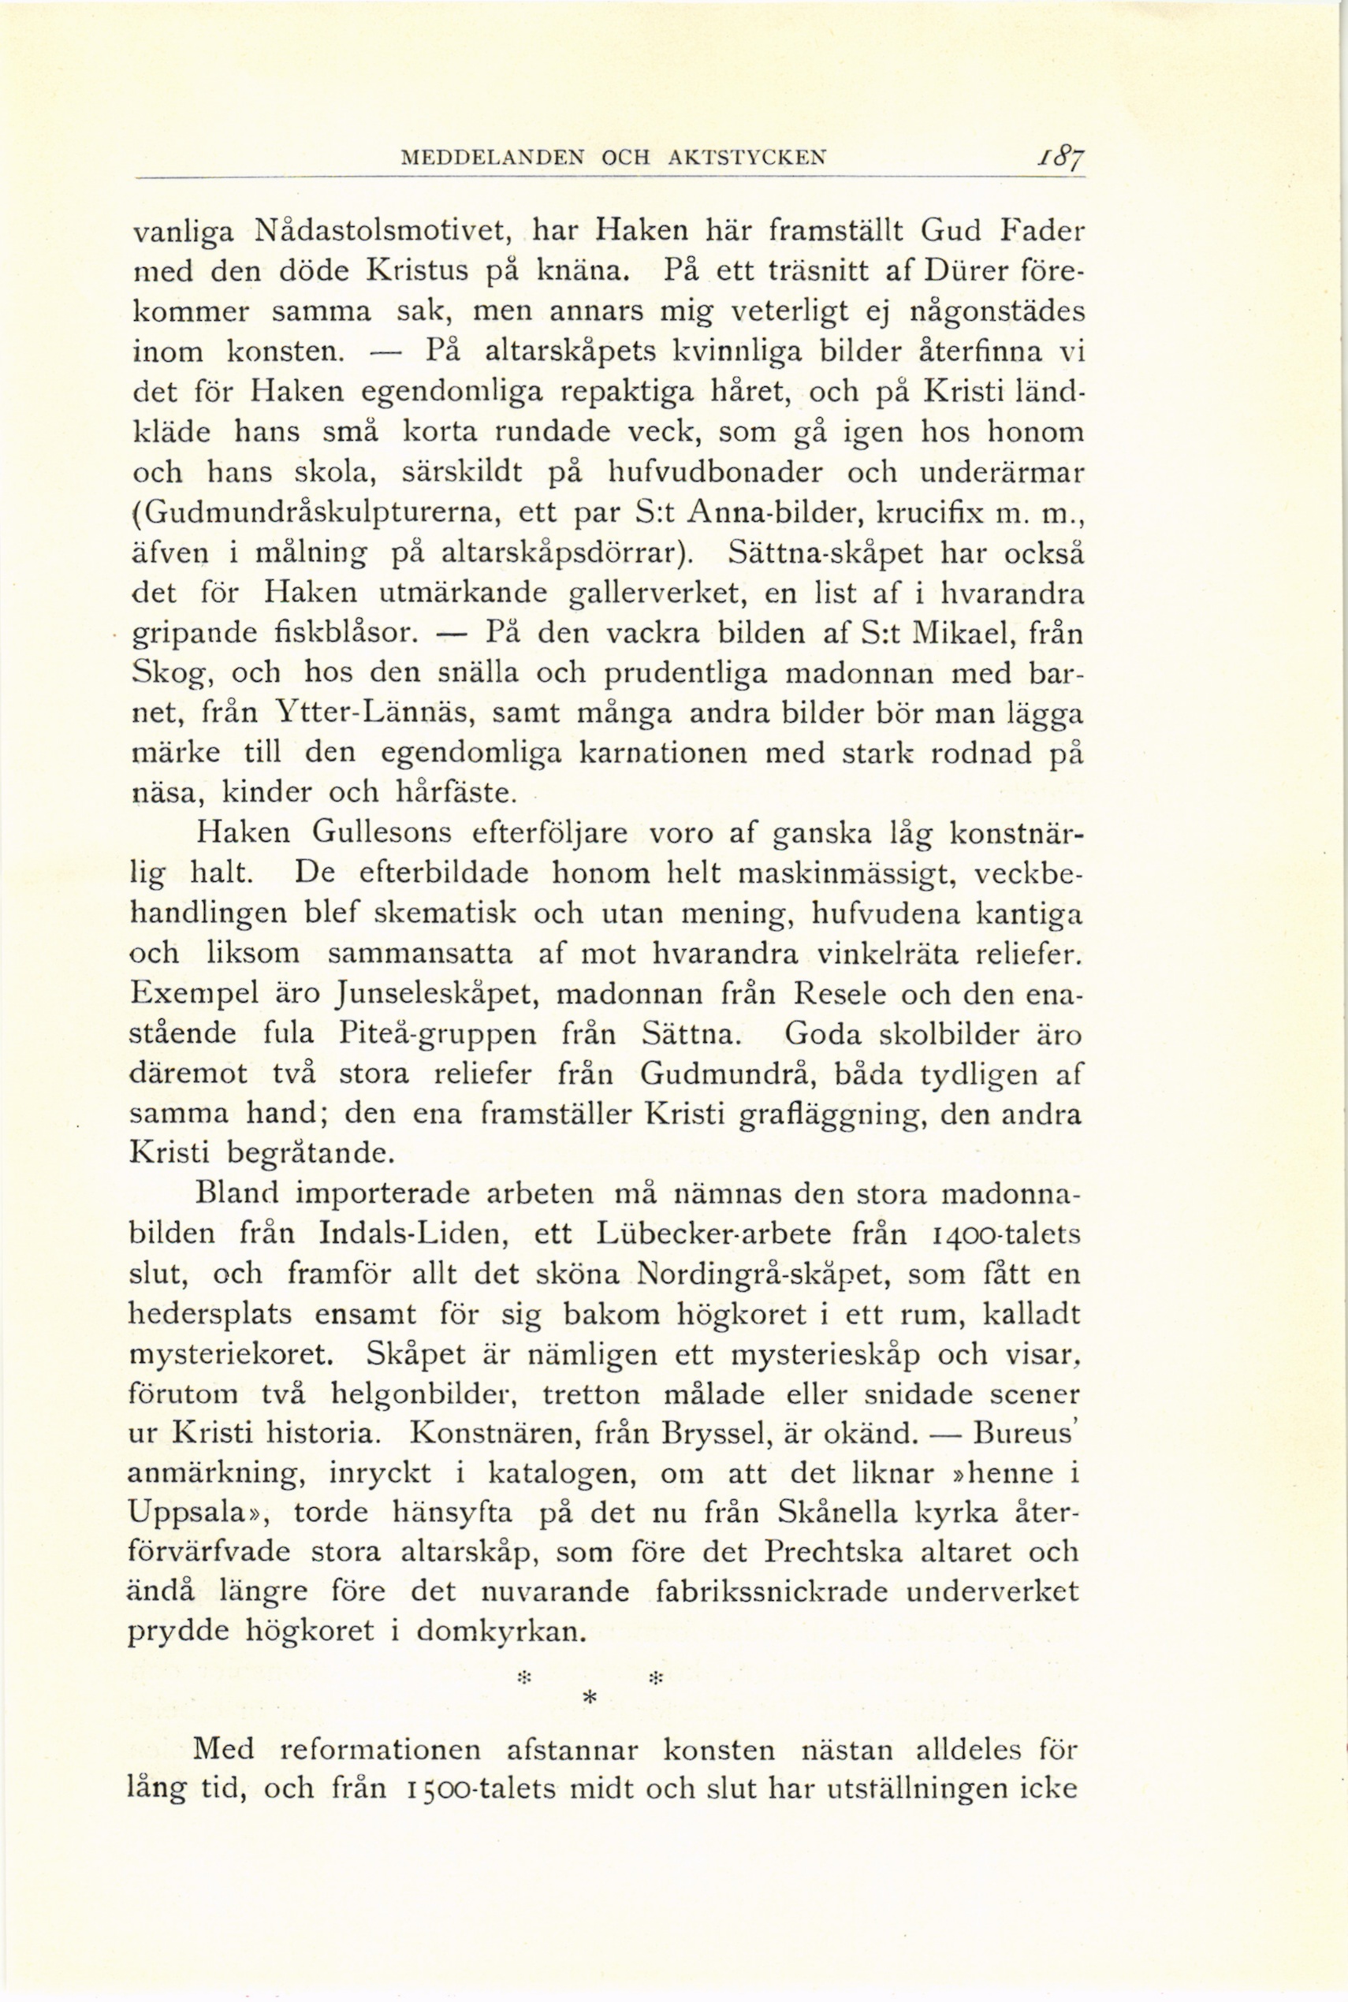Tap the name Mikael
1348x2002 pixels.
click(x=959, y=633)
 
